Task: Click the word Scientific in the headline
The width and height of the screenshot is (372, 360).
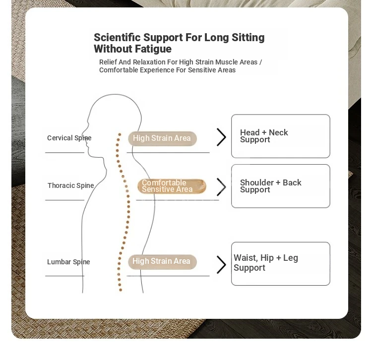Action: tap(117, 37)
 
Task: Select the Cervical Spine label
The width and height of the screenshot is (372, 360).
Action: tap(69, 138)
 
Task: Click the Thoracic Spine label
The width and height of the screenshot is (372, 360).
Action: tap(71, 185)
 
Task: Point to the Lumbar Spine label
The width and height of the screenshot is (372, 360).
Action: tap(68, 262)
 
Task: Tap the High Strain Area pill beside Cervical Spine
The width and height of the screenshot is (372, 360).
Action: tap(162, 138)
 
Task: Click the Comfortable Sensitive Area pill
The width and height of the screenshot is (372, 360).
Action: tap(172, 186)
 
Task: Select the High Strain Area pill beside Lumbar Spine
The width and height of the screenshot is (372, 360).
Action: tap(162, 262)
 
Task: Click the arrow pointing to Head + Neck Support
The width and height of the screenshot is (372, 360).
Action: tap(221, 137)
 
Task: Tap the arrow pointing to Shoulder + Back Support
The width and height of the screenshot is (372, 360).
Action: tap(221, 187)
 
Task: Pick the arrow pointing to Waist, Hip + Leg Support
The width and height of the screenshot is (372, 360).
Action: tap(221, 264)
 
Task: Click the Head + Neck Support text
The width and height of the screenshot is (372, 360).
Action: tap(264, 136)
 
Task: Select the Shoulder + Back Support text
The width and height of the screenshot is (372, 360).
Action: tap(271, 186)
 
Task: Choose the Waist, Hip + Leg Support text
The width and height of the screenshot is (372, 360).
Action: tap(266, 262)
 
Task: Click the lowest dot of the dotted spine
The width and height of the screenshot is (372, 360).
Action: tap(121, 290)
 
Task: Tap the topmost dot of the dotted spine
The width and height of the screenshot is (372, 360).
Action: tap(120, 134)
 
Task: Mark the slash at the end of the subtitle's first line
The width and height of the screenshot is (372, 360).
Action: tap(260, 62)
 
